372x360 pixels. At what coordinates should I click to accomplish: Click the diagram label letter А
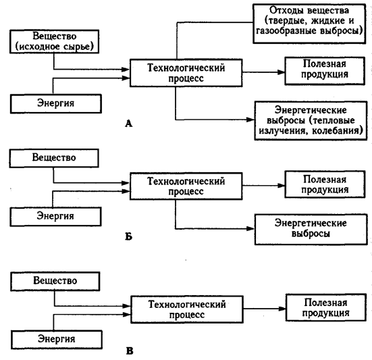128,124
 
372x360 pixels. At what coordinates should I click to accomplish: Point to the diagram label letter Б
128,236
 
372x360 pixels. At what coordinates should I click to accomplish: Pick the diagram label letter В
130,351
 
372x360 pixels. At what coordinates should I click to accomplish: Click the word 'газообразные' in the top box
286,31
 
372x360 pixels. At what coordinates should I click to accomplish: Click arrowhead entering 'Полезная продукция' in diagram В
282,309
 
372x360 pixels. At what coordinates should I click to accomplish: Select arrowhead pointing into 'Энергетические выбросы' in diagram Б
250,229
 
